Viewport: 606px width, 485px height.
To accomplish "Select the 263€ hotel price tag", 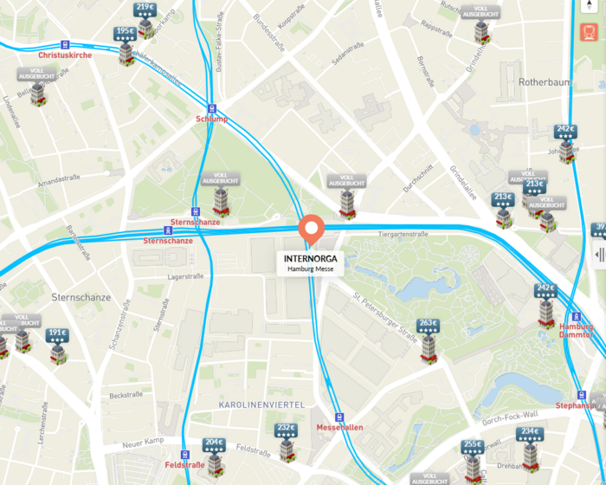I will click(428, 326).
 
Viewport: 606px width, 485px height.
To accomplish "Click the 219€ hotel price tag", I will click(145, 9).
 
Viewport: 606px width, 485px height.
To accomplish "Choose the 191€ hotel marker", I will click(57, 333).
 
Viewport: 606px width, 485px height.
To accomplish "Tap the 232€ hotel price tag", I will click(287, 428).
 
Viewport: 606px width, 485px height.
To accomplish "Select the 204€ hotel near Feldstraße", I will click(214, 443).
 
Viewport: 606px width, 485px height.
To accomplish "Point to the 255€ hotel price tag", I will click(473, 445).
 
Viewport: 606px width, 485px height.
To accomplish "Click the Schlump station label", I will click(211, 119).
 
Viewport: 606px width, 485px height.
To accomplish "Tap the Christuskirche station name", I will click(65, 55).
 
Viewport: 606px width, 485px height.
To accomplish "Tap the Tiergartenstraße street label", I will click(403, 234).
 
